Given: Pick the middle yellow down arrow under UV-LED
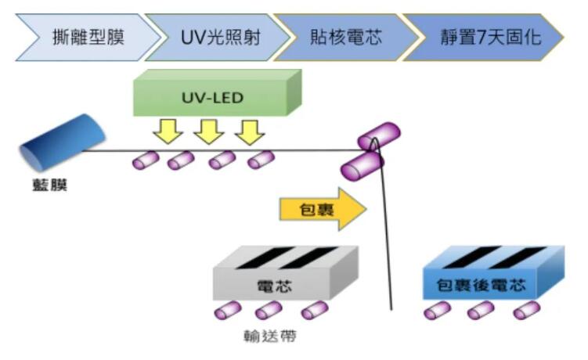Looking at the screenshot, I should [x=209, y=132].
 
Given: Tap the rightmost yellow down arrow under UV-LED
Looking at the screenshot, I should [x=250, y=132].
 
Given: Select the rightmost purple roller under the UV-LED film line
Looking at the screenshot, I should [x=261, y=160].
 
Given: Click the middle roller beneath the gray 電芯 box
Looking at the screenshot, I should [x=269, y=310].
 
